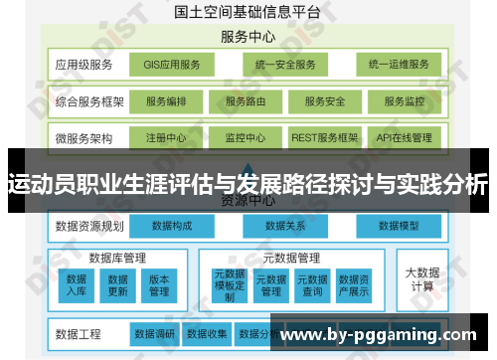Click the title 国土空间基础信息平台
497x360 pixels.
248,12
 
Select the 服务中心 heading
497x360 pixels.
248,36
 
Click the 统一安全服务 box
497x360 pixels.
283,65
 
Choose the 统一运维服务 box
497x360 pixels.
398,65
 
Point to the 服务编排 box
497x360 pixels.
173,101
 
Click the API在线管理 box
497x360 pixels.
405,137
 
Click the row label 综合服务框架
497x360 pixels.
88,101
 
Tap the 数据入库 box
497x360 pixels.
77,285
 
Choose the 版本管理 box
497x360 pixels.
159,285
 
